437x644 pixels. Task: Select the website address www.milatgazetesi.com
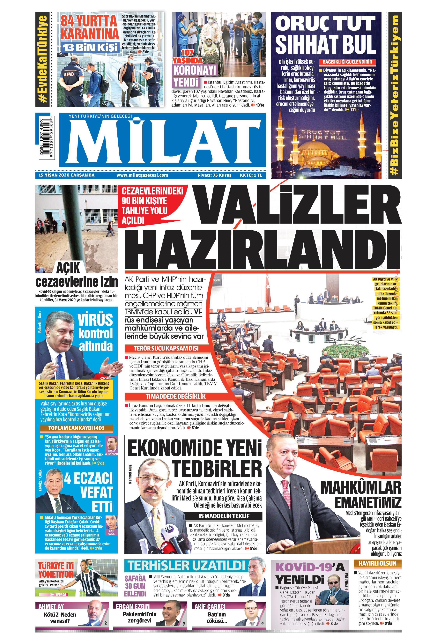tap(142, 175)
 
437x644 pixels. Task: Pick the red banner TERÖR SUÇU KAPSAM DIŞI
tap(166, 348)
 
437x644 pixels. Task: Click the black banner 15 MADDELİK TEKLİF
tap(224, 516)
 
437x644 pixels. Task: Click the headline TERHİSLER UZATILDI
tap(186, 565)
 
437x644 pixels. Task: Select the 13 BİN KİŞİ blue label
tap(90, 47)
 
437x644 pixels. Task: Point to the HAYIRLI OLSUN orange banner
tap(377, 563)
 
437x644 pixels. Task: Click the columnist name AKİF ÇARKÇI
tap(210, 606)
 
